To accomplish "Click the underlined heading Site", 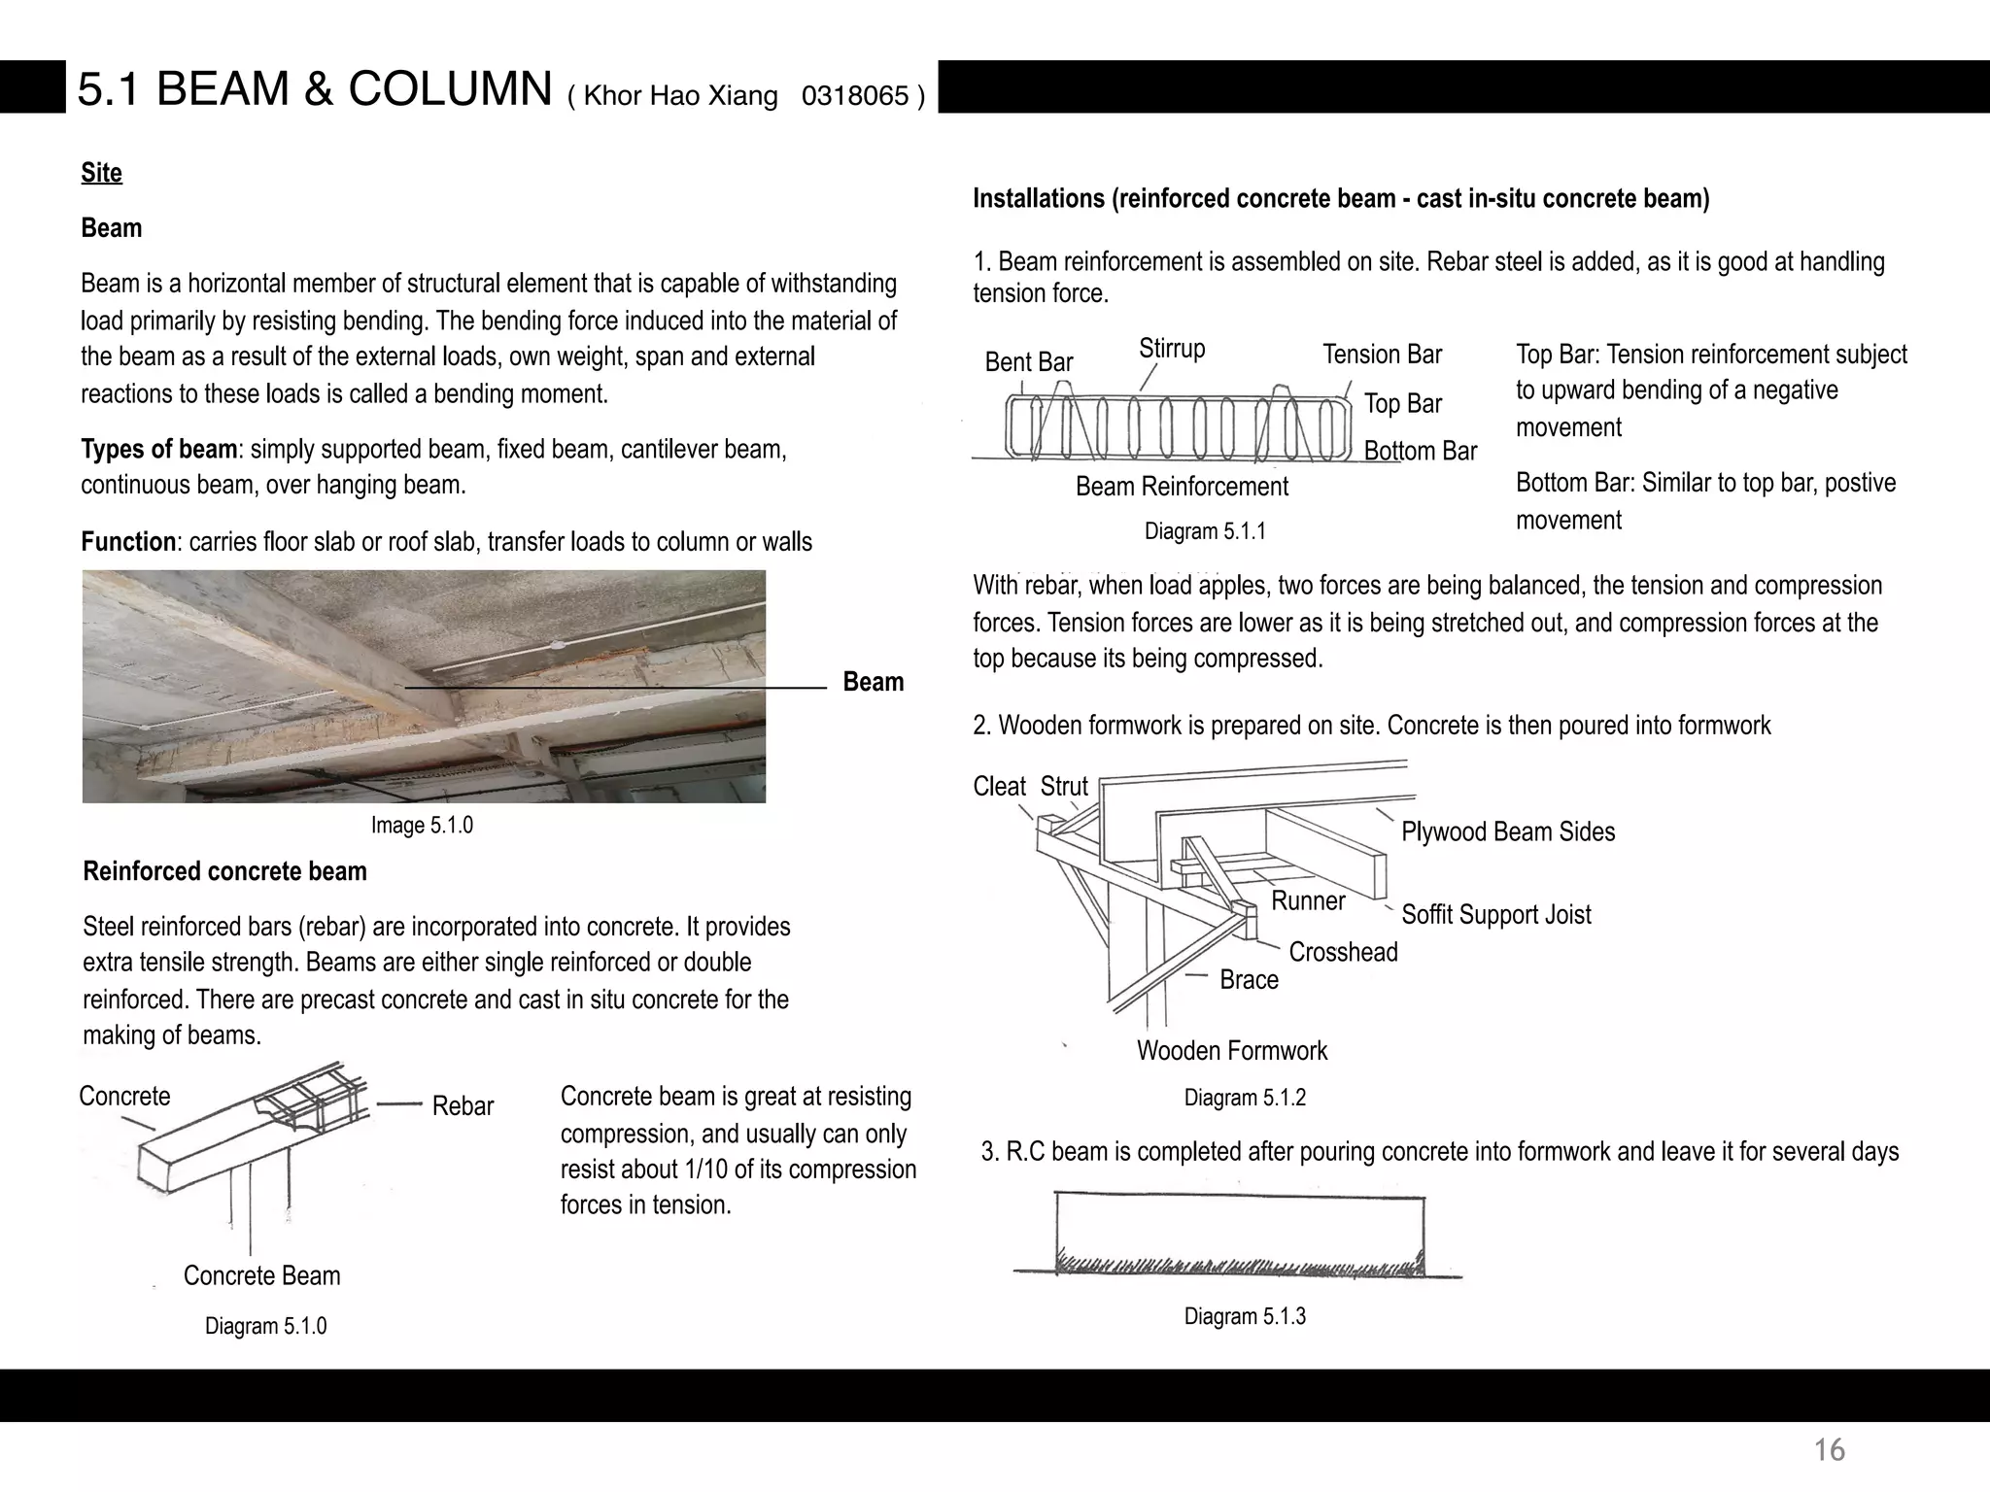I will pos(101,173).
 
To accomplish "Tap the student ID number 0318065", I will pos(854,96).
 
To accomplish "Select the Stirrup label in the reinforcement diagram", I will pos(1172,349).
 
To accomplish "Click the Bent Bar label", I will pos(1028,362).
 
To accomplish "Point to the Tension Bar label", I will pos(1382,355).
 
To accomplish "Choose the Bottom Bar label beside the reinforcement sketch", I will pos(1420,451).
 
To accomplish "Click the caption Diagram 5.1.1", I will pos(1204,531).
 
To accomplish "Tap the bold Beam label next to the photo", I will pos(873,682).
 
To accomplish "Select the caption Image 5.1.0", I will pos(422,826).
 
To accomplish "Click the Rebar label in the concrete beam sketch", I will pos(463,1106).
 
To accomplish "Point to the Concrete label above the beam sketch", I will pos(124,1097).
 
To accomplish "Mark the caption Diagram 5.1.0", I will pos(265,1326).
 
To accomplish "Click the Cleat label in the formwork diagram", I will pos(999,787).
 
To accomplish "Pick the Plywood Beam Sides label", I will pos(1507,832).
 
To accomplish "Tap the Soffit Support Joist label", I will pos(1495,915).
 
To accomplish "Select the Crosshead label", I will pos(1343,952).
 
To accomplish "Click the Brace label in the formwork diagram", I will pos(1249,980).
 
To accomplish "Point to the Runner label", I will pos(1308,901).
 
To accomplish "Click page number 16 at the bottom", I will pos(1829,1450).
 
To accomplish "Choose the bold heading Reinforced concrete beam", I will pos(224,871).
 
